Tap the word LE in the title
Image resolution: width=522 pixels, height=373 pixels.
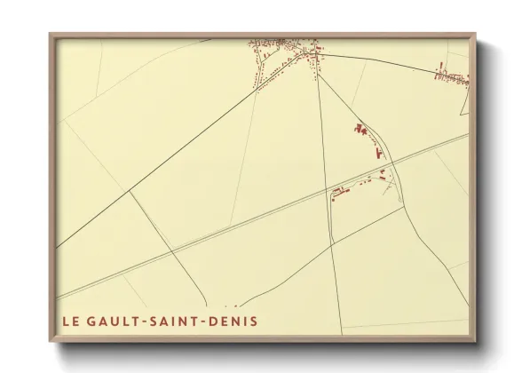71,321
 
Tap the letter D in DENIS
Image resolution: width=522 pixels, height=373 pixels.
215,321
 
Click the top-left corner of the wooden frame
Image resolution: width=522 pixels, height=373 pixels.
50,34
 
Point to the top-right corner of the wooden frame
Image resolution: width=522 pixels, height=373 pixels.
476,34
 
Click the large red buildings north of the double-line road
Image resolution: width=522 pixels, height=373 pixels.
362,131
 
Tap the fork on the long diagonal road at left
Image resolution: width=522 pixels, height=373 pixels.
130,190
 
